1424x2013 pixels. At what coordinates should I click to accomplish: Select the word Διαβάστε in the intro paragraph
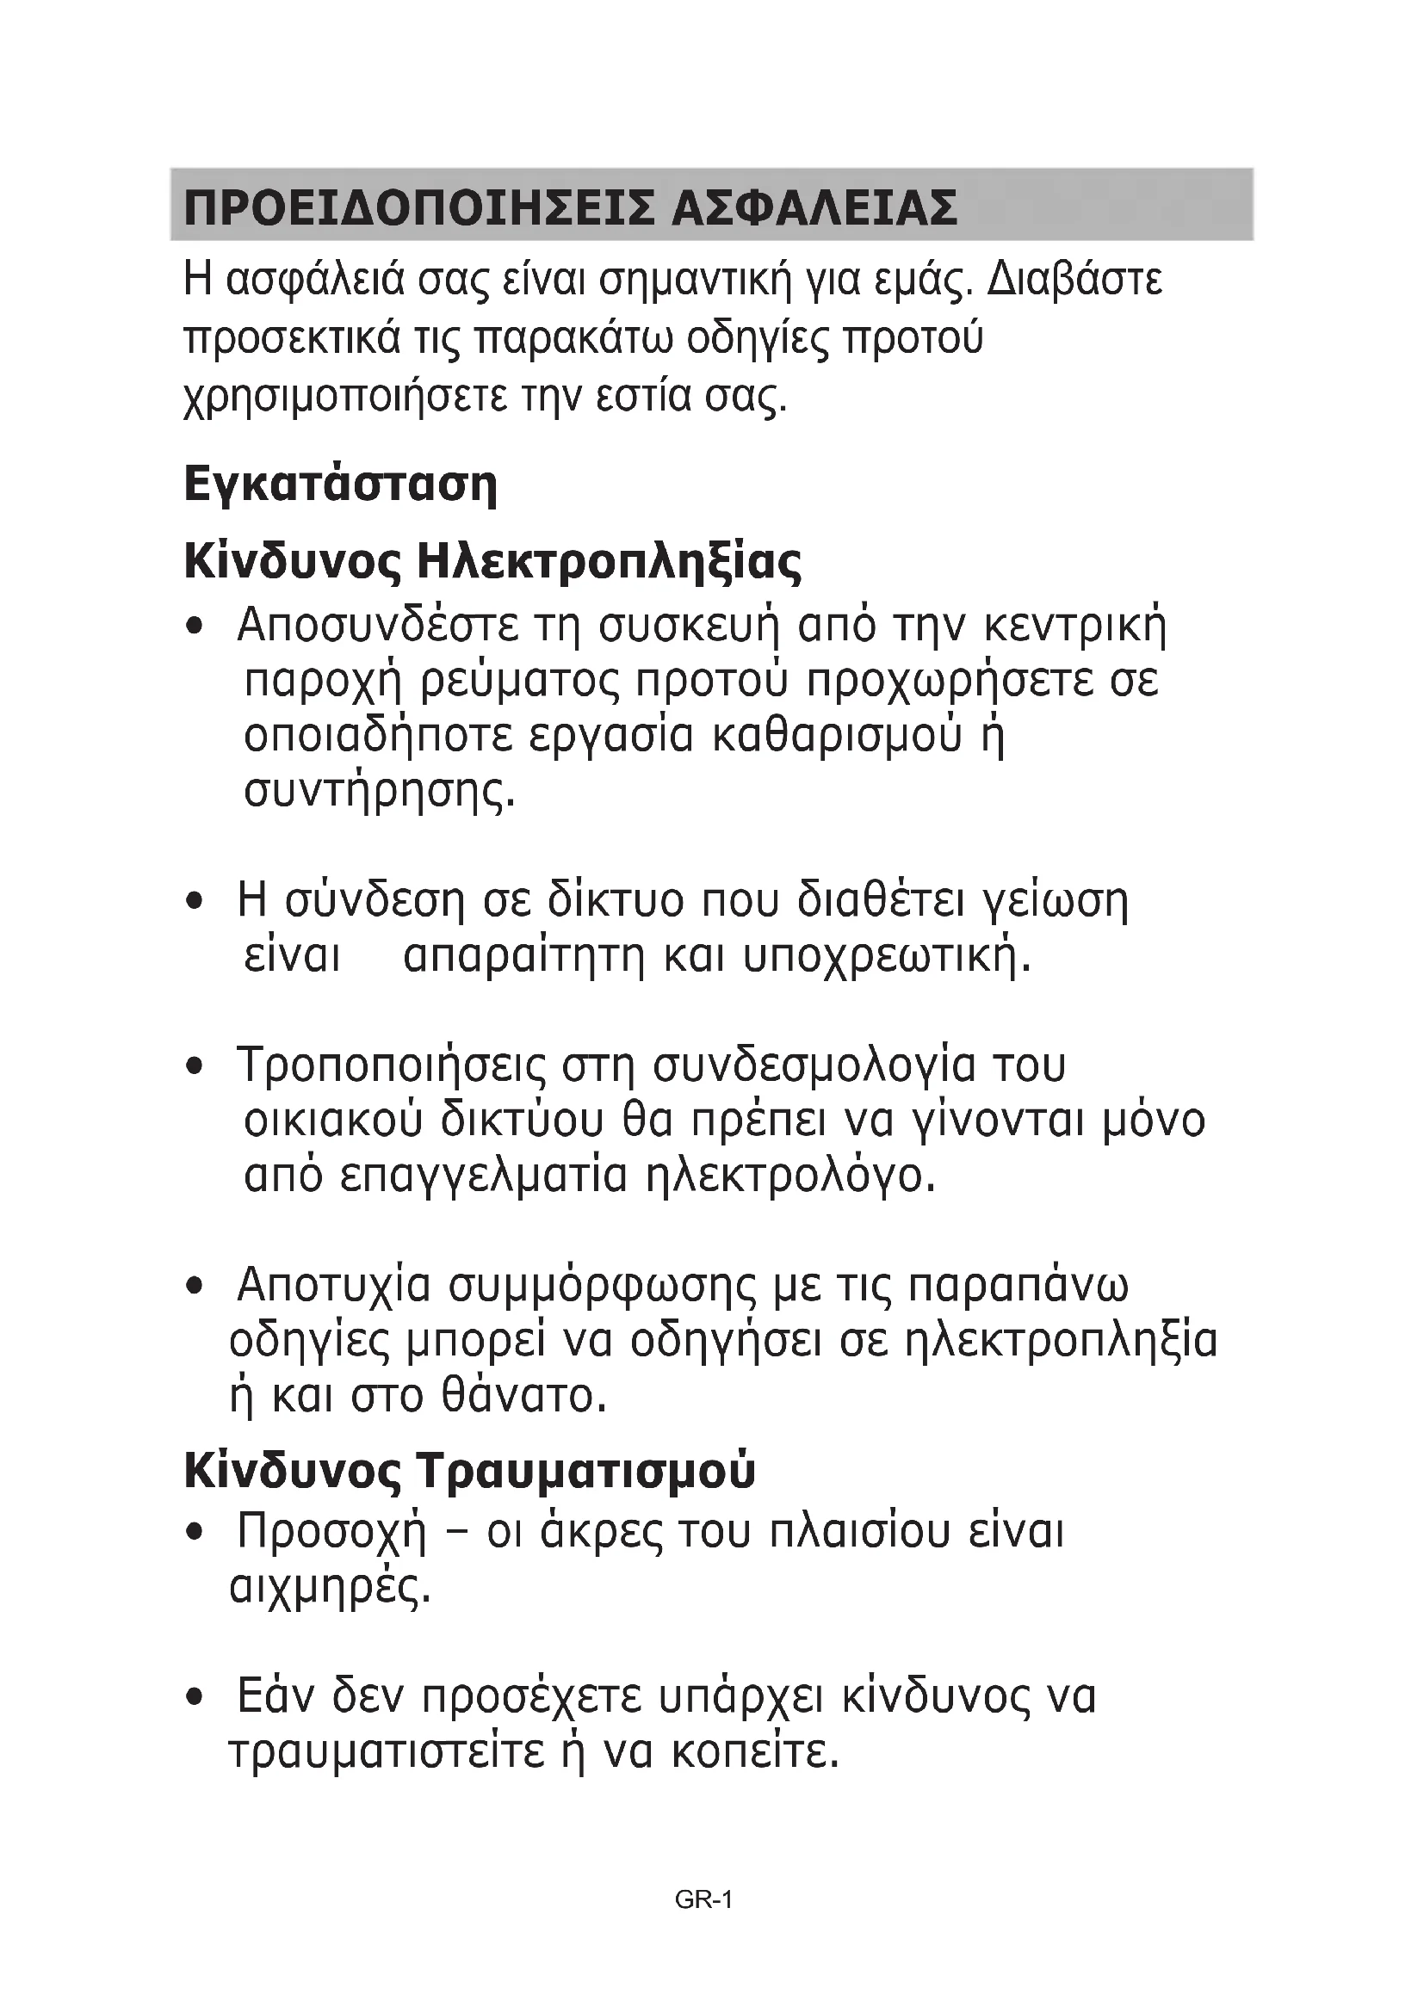click(1075, 281)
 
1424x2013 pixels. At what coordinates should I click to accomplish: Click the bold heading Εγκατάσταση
click(340, 484)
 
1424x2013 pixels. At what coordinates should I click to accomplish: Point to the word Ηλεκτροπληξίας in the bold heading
click(609, 562)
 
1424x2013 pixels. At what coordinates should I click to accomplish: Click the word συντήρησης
click(379, 792)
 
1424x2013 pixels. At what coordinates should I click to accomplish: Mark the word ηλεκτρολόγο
click(791, 1176)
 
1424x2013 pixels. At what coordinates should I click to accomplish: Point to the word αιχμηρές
click(330, 1588)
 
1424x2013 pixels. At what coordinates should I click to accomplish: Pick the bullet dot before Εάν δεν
click(195, 1699)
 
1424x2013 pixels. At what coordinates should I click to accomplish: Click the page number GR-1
click(704, 1899)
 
